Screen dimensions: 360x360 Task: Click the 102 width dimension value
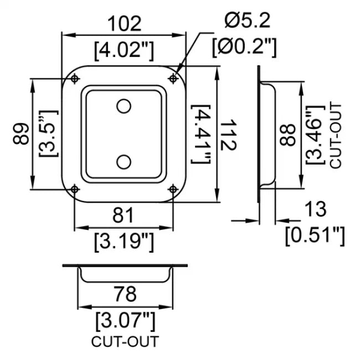click(124, 24)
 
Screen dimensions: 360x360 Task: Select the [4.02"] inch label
click(124, 50)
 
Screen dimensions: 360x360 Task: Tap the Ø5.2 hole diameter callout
click(248, 21)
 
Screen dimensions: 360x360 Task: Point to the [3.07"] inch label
click(125, 320)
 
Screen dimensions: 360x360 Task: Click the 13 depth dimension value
click(315, 210)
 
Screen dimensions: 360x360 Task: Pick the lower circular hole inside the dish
click(125, 161)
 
